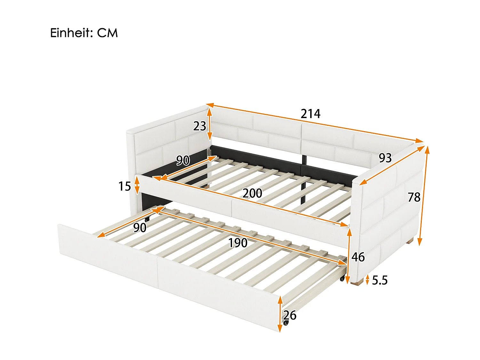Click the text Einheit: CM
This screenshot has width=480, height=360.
(x=84, y=33)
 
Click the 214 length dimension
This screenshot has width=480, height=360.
(x=310, y=114)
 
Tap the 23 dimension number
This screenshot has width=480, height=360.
(x=199, y=126)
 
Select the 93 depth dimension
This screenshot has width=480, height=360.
(x=385, y=158)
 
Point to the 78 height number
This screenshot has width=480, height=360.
(x=414, y=197)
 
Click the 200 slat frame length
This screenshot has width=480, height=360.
(x=252, y=193)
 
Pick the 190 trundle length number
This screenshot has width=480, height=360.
(x=237, y=243)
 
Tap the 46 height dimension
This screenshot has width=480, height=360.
(x=358, y=257)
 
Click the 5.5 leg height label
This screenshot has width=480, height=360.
(x=380, y=280)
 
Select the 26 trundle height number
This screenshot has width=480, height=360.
(x=290, y=315)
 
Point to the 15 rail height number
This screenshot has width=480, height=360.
(x=124, y=186)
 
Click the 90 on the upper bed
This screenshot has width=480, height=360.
(x=183, y=160)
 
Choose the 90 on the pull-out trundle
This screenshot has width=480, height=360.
(x=140, y=228)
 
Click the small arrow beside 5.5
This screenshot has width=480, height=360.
(x=367, y=280)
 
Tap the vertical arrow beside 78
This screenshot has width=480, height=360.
(x=423, y=195)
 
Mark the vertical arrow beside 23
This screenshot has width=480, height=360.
(x=209, y=124)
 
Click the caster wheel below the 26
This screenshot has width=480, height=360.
(x=286, y=323)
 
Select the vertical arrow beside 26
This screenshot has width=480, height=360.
(x=280, y=314)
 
